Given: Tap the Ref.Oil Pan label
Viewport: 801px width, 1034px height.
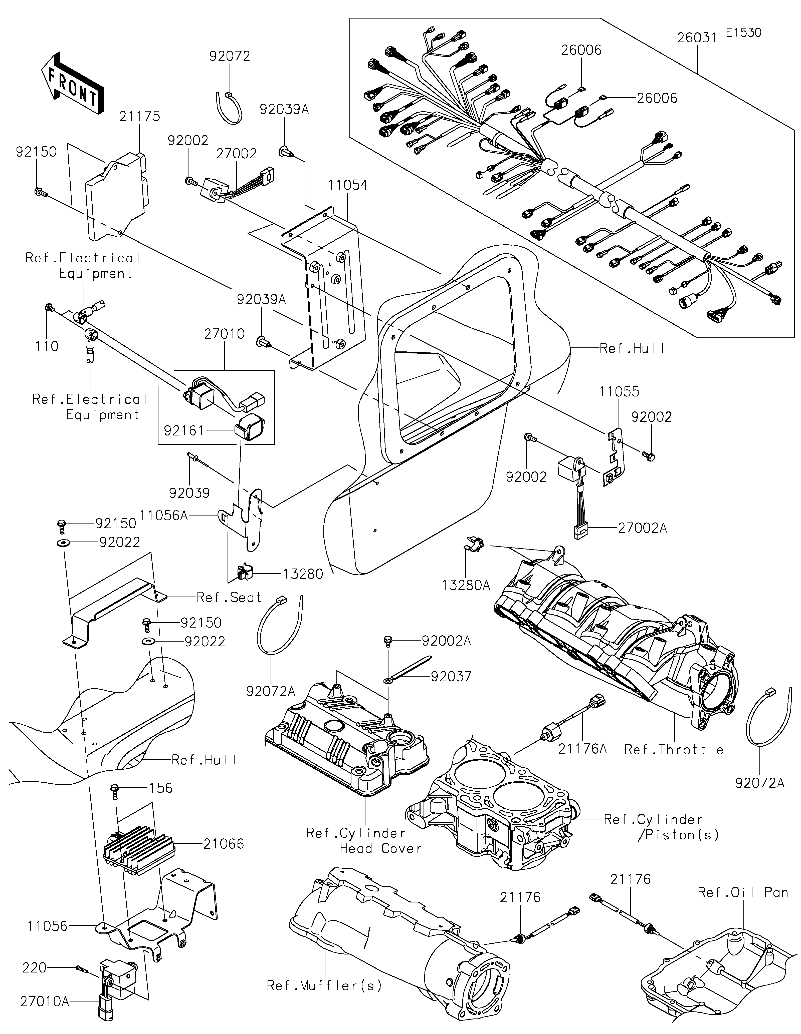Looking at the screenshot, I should tap(743, 892).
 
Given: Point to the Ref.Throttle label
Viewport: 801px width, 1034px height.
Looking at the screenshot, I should tap(674, 749).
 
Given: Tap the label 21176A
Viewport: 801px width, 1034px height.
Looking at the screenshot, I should tap(583, 749).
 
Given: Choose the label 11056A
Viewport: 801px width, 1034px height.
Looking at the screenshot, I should tap(164, 515).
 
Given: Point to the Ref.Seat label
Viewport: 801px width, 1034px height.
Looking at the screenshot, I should tap(229, 598).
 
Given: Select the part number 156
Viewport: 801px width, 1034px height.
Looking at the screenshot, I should tap(161, 788).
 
